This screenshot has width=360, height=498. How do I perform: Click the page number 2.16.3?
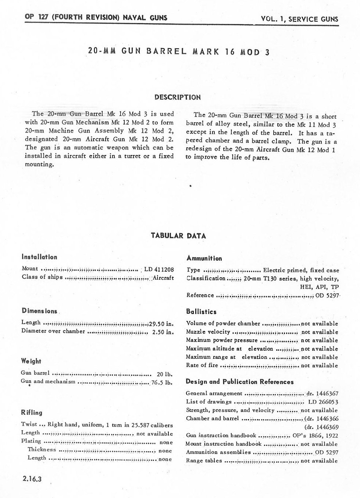coord(32,479)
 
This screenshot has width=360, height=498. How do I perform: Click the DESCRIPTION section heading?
coord(178,98)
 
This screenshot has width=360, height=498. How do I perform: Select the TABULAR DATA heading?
coord(178,236)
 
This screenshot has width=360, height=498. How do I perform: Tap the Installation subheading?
coord(39,257)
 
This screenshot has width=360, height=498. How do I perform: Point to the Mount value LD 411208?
coord(159,269)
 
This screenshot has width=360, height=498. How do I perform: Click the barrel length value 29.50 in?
coord(161,324)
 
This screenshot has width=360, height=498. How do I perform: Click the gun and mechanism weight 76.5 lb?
coord(162,382)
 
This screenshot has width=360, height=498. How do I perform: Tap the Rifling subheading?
coord(32,413)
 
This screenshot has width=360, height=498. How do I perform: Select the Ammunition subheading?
coord(204,258)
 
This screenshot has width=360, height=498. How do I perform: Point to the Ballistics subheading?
coord(201,312)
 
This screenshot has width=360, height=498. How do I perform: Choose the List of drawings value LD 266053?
coord(323,402)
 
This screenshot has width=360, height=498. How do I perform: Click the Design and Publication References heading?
coord(240,382)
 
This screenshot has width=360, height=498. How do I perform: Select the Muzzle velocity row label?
coord(208,332)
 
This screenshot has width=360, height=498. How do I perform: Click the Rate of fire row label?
coord(202,365)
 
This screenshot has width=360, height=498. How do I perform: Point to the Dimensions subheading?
coord(39,311)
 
